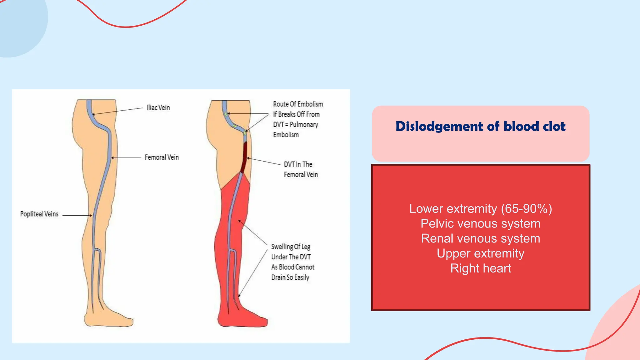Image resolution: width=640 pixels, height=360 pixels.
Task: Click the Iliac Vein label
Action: pos(158,108)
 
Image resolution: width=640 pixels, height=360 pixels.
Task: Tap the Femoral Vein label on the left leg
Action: pos(162,157)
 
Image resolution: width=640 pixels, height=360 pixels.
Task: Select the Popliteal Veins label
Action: pos(39,214)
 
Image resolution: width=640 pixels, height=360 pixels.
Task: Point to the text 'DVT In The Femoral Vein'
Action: pos(301,169)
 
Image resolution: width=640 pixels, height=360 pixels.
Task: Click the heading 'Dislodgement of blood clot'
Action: pos(480,127)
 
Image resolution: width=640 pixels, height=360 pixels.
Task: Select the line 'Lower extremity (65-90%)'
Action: pos(480,209)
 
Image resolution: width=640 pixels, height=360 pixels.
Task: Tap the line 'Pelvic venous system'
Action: pos(480,224)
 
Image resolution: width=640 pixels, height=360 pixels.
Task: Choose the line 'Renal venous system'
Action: pos(480,238)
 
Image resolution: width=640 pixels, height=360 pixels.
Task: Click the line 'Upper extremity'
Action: pos(480,253)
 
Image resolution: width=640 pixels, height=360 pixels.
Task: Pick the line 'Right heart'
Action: pos(480,268)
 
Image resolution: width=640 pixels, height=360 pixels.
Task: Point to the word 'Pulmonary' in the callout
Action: pos(304,125)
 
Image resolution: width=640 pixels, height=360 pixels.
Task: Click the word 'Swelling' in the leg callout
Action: pos(282,247)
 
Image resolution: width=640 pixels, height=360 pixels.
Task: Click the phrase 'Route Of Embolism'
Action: pos(298,104)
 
